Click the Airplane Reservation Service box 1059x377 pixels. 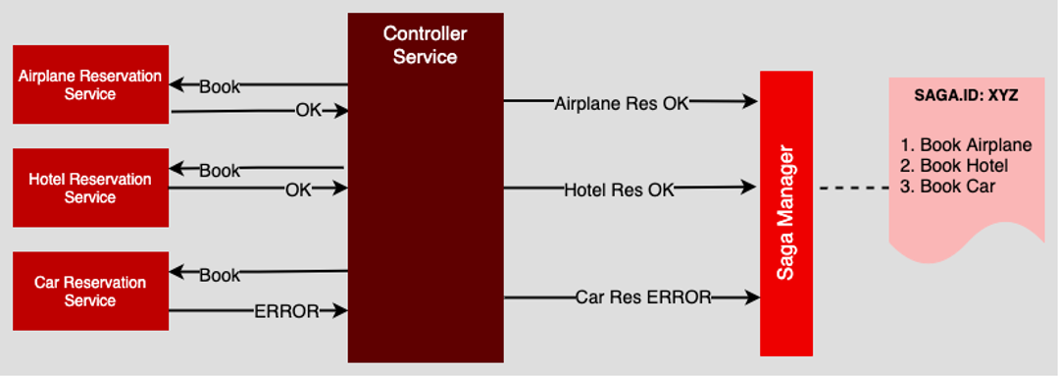(x=90, y=84)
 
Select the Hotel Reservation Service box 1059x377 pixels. (x=90, y=188)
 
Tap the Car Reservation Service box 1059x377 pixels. (x=90, y=291)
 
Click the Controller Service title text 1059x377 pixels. (x=425, y=45)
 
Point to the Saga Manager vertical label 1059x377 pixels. (x=785, y=214)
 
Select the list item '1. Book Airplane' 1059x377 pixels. (x=966, y=145)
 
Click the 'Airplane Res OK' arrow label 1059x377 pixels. (x=622, y=103)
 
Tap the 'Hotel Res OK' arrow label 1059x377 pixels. (x=619, y=189)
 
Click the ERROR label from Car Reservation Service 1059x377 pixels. (x=286, y=311)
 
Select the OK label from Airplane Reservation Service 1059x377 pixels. (x=309, y=111)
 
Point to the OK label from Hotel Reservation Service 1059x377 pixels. (x=298, y=189)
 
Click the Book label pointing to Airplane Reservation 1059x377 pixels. (x=220, y=86)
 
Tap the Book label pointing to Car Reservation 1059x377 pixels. (x=220, y=275)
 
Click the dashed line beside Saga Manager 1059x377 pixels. (x=853, y=188)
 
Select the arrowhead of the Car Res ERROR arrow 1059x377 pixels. (x=753, y=296)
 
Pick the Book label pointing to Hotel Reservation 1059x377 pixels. (x=220, y=171)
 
